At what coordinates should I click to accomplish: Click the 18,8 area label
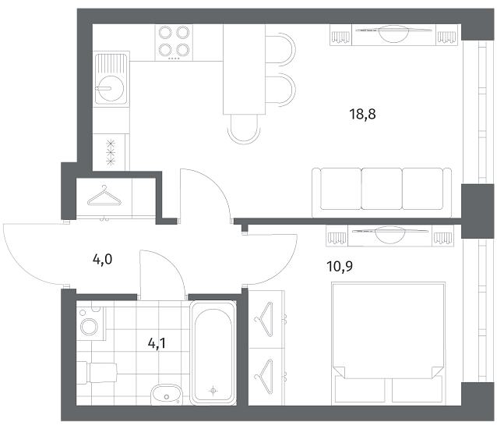pyautogui.click(x=362, y=114)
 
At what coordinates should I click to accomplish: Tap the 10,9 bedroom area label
pyautogui.click(x=340, y=266)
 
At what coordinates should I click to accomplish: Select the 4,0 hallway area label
pyautogui.click(x=102, y=260)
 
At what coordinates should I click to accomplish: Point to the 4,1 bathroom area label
pyautogui.click(x=157, y=343)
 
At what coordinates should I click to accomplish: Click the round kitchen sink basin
pyautogui.click(x=111, y=88)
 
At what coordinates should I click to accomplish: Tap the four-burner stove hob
pyautogui.click(x=174, y=43)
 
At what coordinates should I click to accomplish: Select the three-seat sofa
pyautogui.click(x=382, y=193)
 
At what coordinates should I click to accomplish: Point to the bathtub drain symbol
pyautogui.click(x=213, y=391)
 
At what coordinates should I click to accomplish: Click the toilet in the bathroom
pyautogui.click(x=97, y=373)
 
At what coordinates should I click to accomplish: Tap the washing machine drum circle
pyautogui.click(x=89, y=326)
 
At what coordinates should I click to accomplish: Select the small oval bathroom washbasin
pyautogui.click(x=166, y=395)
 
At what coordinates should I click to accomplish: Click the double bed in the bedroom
pyautogui.click(x=389, y=342)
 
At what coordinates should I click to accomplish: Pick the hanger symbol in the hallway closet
pyautogui.click(x=104, y=197)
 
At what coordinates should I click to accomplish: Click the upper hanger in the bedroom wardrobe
pyautogui.click(x=264, y=320)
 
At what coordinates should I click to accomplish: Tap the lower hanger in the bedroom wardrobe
pyautogui.click(x=264, y=376)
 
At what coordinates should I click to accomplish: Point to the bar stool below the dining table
pyautogui.click(x=244, y=129)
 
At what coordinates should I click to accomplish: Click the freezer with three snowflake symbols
pyautogui.click(x=111, y=152)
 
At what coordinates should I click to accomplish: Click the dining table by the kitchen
pyautogui.click(x=244, y=69)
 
